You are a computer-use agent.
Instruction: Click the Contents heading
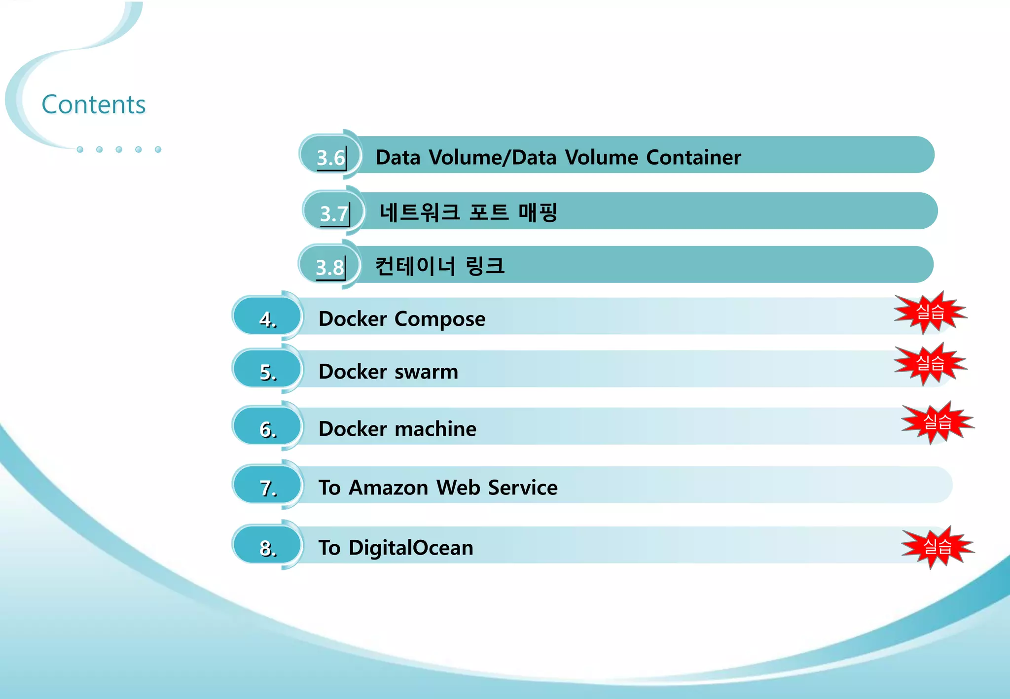pos(94,105)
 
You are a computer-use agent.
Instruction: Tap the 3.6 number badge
pos(330,157)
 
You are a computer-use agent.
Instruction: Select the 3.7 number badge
pos(334,213)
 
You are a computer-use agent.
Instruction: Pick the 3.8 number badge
pos(329,267)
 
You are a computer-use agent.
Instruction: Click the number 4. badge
pos(267,319)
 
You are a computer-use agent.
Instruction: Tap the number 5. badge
pos(267,372)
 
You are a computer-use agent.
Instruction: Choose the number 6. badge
pos(267,429)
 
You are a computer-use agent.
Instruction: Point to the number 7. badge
pos(267,488)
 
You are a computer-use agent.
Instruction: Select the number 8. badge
pos(267,548)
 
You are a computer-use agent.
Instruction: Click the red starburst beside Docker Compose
pos(930,312)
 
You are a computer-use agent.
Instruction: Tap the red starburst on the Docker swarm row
pos(930,364)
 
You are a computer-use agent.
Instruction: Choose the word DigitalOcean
pos(411,548)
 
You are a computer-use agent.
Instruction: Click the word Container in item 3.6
pos(693,157)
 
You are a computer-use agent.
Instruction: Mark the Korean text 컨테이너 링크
pos(440,266)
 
